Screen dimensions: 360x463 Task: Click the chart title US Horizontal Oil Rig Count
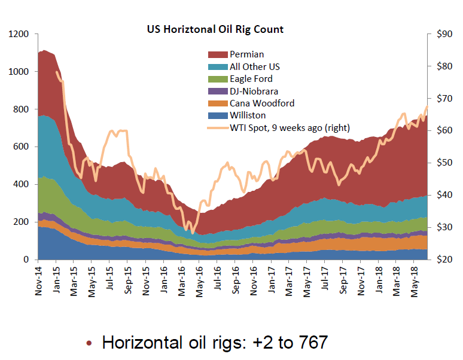[215, 29]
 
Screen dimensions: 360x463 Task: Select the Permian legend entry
[246, 54]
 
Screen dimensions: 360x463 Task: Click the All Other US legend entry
[254, 66]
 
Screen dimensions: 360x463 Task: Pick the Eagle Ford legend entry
[251, 79]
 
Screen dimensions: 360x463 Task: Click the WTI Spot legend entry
[290, 127]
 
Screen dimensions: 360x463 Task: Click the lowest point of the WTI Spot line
[191, 233]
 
